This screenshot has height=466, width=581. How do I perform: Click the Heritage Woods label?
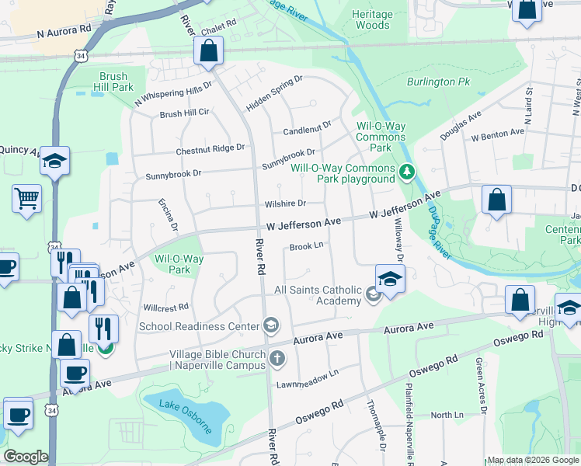[371, 19]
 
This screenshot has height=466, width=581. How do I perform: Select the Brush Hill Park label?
[117, 82]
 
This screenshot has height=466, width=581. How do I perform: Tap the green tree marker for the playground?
[406, 171]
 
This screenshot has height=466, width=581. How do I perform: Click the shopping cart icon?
[26, 198]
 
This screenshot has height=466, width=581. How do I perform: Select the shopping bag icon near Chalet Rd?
[209, 52]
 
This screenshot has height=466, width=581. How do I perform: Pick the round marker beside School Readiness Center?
[271, 325]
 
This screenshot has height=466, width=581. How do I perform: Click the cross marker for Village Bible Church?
[278, 359]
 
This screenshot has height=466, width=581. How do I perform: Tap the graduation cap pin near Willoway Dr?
[390, 277]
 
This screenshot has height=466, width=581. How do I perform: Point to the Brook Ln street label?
[306, 247]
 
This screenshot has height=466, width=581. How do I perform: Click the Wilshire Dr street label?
[284, 203]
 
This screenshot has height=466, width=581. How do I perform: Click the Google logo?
[25, 457]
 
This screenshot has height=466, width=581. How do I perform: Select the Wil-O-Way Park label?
[179, 264]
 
